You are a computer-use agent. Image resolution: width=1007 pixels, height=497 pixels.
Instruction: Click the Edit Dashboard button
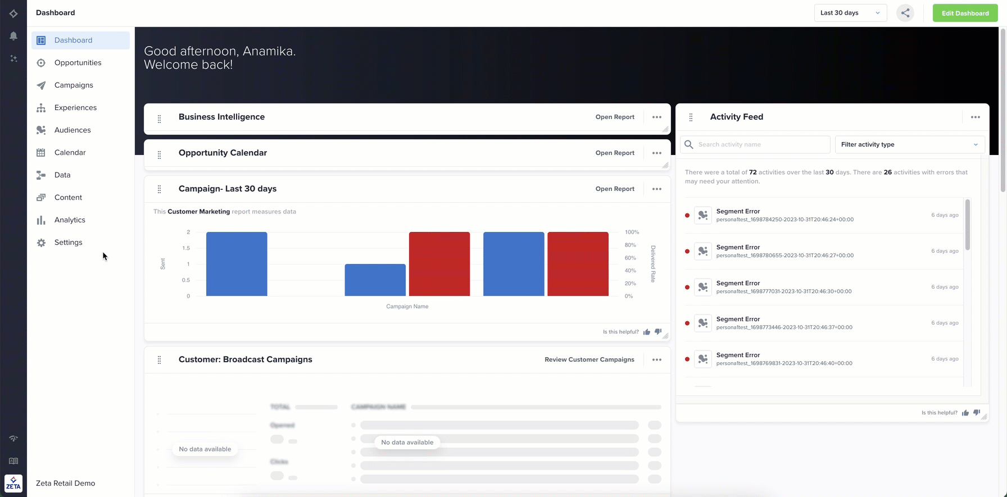965,13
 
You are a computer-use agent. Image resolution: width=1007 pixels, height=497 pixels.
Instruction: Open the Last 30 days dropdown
850,13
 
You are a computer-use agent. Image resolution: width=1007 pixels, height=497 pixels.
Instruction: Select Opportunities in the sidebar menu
78,62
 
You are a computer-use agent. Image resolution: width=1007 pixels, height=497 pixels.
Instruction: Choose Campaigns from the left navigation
74,85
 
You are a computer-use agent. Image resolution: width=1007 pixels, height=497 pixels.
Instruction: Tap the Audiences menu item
72,130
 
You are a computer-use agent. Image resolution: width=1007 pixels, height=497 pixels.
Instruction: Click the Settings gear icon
41,243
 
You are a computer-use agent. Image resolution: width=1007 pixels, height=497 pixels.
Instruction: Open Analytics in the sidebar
70,220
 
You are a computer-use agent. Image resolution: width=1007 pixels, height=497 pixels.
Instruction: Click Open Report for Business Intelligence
615,117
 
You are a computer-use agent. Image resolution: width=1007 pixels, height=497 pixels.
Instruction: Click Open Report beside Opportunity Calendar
615,153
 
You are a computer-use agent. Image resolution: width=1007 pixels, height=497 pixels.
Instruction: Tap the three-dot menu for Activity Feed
975,117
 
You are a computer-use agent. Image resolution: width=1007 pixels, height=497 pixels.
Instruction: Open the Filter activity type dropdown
909,144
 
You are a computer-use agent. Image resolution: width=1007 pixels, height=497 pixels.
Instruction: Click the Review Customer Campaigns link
589,359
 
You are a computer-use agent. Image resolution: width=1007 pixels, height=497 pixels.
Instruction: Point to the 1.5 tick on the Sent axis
185,248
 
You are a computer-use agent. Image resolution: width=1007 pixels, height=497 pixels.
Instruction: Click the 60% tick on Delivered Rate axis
630,258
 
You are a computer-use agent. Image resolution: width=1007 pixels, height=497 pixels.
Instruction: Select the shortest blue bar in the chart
375,280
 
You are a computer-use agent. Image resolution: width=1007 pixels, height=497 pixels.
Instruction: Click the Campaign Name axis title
407,307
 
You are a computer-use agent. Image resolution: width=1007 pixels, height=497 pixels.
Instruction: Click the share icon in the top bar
905,13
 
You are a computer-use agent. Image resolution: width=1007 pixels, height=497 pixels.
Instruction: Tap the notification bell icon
13,36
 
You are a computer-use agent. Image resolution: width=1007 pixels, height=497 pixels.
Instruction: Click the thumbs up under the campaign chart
647,332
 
